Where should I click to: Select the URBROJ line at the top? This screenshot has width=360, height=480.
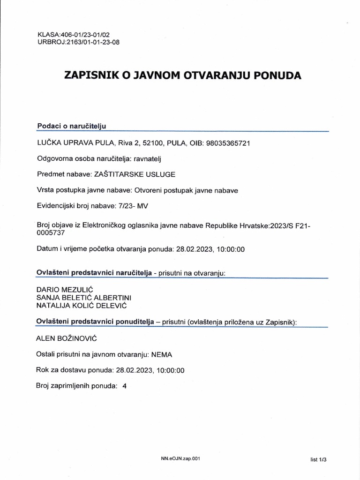74,42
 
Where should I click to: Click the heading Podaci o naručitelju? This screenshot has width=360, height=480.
72,126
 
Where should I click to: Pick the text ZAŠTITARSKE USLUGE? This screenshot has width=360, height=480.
135,174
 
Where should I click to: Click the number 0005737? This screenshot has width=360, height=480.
50,232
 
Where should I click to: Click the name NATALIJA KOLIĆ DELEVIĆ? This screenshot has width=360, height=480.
82,306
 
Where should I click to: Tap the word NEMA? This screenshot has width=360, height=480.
155,354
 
